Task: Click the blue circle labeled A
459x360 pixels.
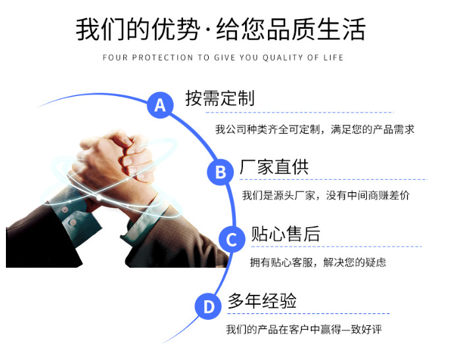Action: (x=160, y=105)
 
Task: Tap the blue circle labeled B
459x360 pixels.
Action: (x=221, y=172)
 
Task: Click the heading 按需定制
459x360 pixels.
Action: (x=219, y=99)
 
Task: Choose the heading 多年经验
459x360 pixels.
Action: (x=262, y=301)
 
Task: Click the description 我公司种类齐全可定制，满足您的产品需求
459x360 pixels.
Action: (x=315, y=130)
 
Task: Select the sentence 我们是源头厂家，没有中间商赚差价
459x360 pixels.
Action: (x=325, y=195)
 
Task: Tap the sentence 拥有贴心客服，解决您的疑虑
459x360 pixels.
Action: (x=318, y=262)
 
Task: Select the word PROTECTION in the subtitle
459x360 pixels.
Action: (x=163, y=58)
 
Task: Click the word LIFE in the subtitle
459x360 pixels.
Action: (x=333, y=58)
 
